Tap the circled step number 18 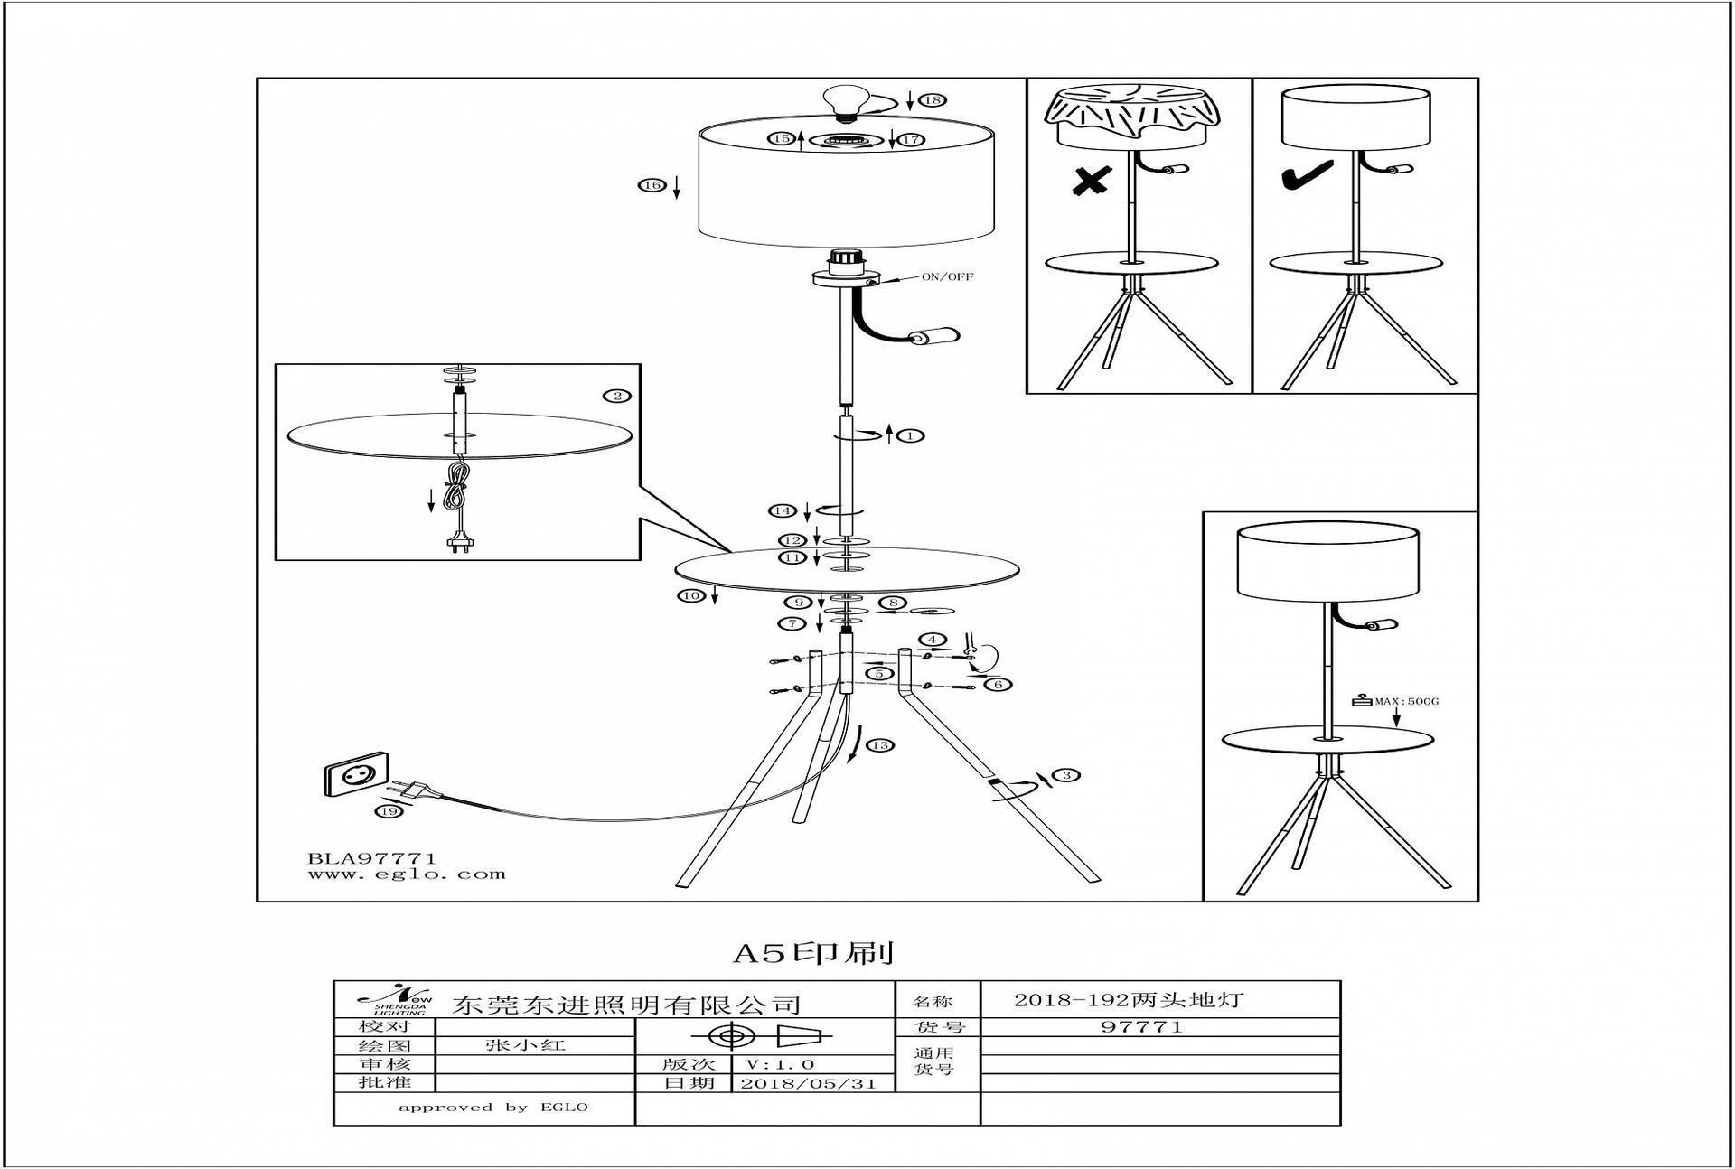933,100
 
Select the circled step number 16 652,185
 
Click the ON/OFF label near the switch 947,276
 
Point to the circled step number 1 912,435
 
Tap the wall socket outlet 353,774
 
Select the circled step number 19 389,811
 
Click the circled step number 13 879,745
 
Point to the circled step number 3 1067,775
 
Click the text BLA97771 372,858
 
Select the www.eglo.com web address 407,874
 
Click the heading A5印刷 812,953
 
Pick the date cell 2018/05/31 808,1083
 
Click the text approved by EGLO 493,1108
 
